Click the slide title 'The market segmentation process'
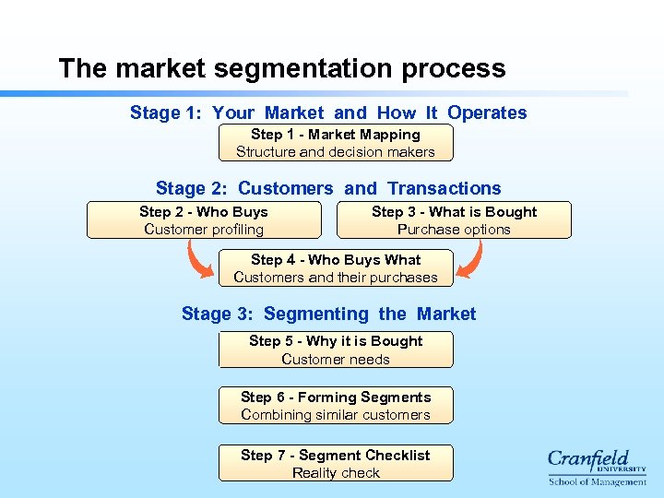coord(281,69)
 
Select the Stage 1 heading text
coord(328,113)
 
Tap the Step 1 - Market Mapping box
coord(336,143)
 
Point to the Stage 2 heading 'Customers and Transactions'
coord(328,188)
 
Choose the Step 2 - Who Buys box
coord(204,220)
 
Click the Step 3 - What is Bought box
coord(454,220)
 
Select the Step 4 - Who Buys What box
coord(336,268)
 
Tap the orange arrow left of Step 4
coord(200,260)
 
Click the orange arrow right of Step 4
coord(469,260)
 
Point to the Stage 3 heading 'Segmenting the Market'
coord(328,314)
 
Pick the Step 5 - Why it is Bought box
coord(336,350)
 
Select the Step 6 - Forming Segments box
coord(336,406)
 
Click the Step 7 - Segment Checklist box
coord(336,463)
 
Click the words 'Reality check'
coord(336,473)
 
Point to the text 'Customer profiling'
coord(204,230)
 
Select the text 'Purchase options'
coord(454,230)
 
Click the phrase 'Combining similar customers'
coord(336,415)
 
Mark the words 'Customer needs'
coord(336,360)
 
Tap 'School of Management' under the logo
coord(598,481)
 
